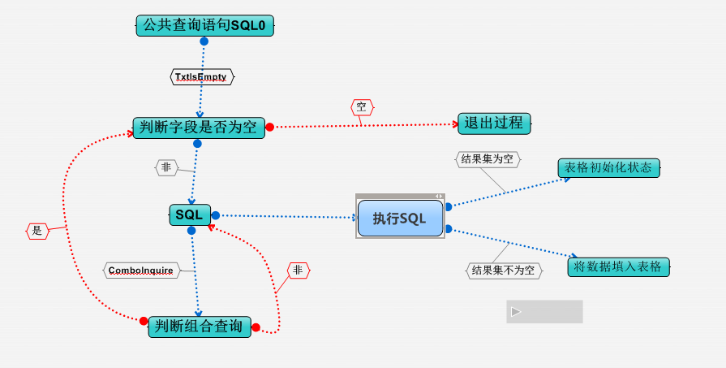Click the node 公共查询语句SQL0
pos(204,26)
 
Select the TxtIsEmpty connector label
pos(201,76)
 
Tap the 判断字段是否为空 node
pos(199,127)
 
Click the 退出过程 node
pos(494,123)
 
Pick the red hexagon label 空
pos(362,107)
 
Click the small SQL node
pos(190,215)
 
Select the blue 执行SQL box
pos(400,218)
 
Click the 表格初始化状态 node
pos(608,167)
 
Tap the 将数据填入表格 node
pos(618,266)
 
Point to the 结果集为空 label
pos(487,159)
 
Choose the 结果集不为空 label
pos(504,271)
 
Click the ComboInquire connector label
pos(141,270)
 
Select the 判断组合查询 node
pos(200,327)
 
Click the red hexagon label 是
pos(37,231)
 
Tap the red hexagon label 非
pos(298,270)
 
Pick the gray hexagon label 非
pos(166,167)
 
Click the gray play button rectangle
pos(544,311)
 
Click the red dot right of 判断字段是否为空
pos(270,127)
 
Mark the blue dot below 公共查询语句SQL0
pos(204,41)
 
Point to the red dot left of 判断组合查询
pos(144,321)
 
